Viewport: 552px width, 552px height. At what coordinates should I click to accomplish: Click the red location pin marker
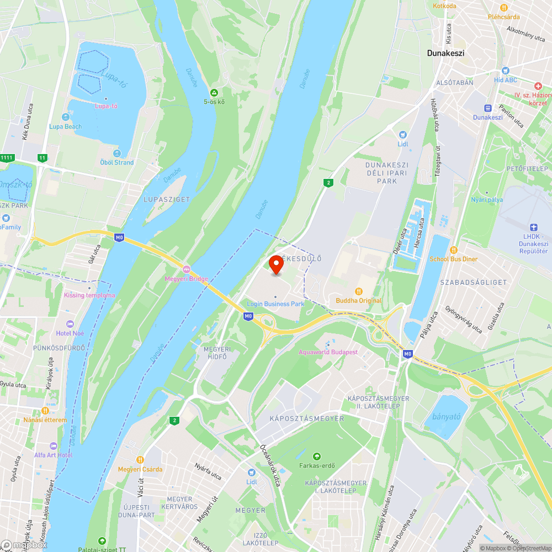click(275, 264)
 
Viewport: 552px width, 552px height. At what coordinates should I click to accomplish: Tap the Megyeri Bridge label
click(187, 279)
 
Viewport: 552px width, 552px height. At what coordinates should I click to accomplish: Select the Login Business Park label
click(275, 304)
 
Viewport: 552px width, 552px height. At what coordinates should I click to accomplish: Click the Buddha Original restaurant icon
click(359, 291)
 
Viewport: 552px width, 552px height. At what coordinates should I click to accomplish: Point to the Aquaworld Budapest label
click(328, 352)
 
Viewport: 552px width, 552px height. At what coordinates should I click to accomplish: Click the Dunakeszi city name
click(445, 54)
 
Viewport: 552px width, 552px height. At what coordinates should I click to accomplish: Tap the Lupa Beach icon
click(66, 117)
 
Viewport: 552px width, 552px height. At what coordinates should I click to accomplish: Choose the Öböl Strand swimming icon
click(116, 153)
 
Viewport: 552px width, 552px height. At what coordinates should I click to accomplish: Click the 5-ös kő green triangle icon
click(214, 92)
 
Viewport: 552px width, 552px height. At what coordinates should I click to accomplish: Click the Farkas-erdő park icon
click(317, 457)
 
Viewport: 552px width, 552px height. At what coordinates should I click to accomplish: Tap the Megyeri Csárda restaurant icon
click(140, 460)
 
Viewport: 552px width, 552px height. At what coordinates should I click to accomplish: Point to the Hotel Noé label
click(70, 333)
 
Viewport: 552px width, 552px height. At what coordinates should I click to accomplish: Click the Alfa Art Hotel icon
click(53, 445)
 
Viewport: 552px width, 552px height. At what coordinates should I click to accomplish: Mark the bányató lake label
click(446, 417)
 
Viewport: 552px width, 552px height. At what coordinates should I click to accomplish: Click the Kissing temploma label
click(89, 295)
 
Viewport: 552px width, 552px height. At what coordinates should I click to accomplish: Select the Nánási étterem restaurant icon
click(45, 411)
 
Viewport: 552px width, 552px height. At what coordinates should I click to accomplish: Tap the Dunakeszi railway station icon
click(487, 108)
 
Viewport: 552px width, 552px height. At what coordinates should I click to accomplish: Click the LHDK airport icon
click(533, 227)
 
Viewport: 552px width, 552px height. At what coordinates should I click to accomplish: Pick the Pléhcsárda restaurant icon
click(503, 7)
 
